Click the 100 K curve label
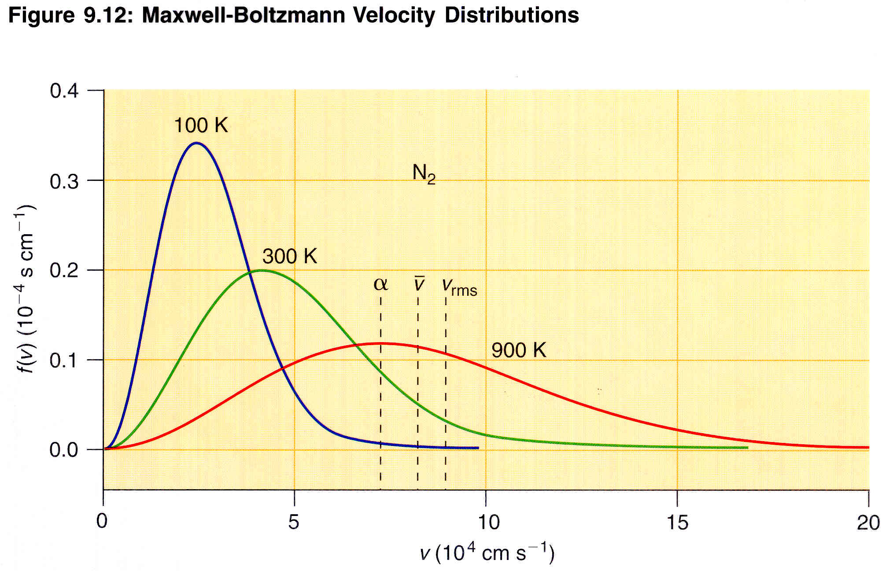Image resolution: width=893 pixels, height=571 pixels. (x=201, y=125)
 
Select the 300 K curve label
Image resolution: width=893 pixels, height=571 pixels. (x=289, y=256)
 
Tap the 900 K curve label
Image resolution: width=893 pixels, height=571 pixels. (x=518, y=350)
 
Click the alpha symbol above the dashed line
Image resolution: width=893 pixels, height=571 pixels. (x=380, y=284)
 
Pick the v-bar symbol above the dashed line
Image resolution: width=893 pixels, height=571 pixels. (x=419, y=284)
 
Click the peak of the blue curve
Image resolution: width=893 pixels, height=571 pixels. (x=196, y=143)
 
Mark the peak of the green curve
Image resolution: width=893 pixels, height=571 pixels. (x=262, y=270)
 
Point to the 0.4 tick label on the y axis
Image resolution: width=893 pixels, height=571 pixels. (x=64, y=91)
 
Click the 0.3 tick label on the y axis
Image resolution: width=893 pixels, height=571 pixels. (x=64, y=181)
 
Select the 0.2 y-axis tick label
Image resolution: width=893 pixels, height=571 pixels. (x=64, y=271)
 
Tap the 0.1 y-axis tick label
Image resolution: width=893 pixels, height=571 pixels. (x=64, y=361)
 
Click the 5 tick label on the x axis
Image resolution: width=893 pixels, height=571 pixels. (x=294, y=522)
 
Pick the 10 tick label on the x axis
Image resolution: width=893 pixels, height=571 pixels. (x=488, y=522)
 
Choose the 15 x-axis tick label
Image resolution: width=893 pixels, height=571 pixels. (x=677, y=522)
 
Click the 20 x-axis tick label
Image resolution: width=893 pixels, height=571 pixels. (x=868, y=522)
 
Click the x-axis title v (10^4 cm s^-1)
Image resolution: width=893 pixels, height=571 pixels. (x=487, y=553)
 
